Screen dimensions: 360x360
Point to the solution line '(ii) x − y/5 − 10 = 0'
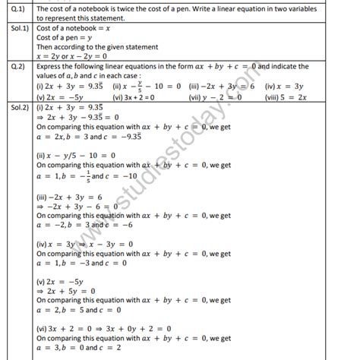coord(77,154)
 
